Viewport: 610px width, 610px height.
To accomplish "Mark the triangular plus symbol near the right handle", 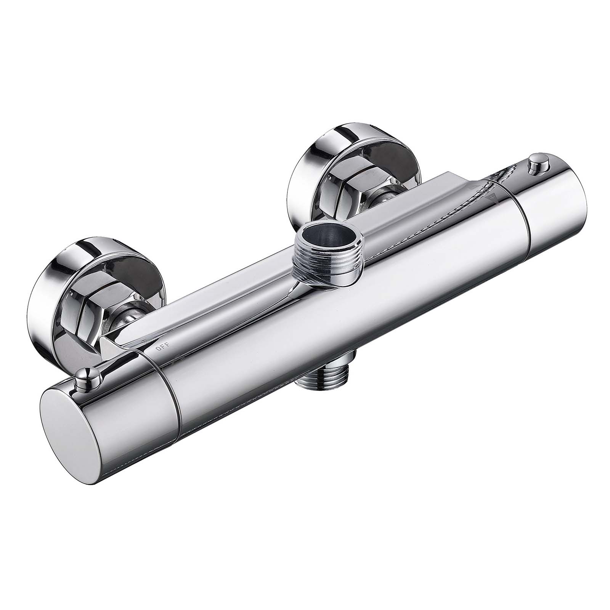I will pos(492,198).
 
